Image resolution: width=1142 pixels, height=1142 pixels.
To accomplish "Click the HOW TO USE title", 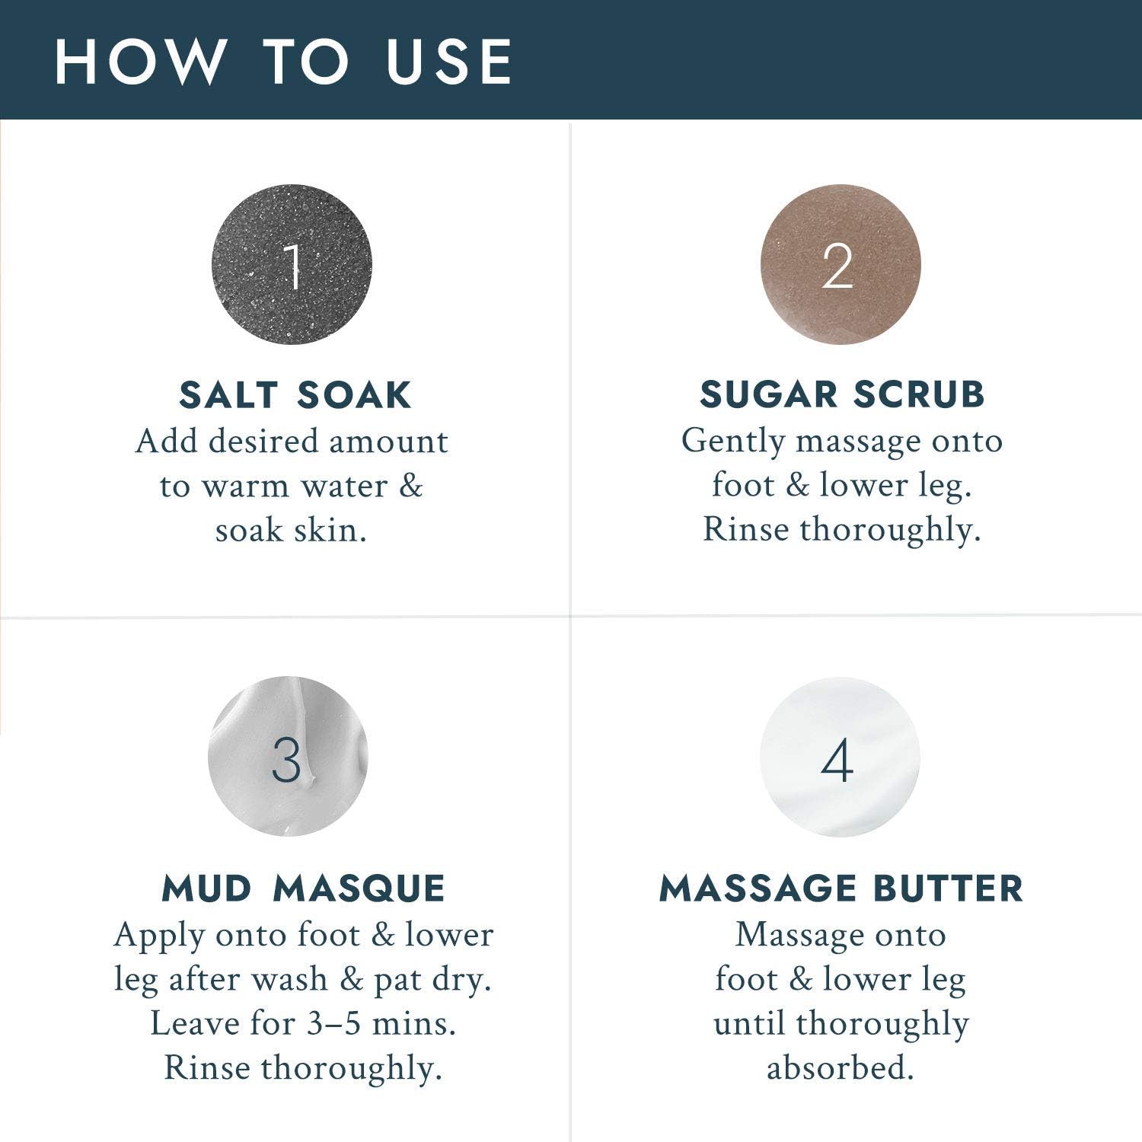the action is tap(283, 61).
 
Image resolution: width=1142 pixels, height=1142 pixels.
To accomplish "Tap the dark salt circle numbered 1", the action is tap(292, 264).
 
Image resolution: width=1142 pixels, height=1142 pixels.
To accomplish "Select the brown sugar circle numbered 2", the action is tap(841, 264).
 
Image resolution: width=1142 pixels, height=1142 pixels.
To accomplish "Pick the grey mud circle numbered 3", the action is tap(288, 756).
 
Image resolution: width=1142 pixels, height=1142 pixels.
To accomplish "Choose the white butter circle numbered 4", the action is tap(840, 757).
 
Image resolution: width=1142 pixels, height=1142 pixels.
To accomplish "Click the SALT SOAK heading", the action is tap(295, 395).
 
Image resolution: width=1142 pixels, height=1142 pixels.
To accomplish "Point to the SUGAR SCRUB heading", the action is tap(842, 394).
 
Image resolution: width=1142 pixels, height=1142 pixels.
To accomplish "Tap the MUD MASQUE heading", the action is tap(303, 888).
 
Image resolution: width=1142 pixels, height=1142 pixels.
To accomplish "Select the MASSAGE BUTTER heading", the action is tap(841, 888).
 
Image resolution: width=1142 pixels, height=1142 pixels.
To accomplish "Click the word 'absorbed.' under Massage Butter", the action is tap(840, 1067).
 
